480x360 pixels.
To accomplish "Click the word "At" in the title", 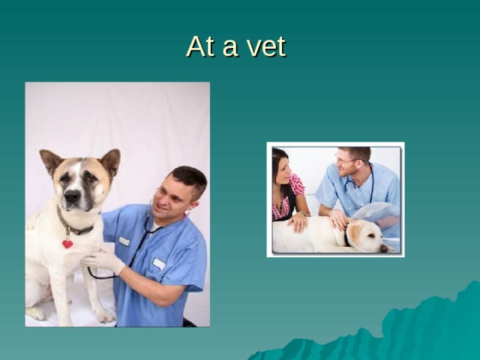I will point(200,47).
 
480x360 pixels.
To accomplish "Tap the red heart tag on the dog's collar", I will point(67,243).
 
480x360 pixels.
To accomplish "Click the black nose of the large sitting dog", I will point(72,196).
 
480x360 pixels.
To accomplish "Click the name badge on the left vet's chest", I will point(158,263).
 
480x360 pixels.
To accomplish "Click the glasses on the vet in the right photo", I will point(346,160).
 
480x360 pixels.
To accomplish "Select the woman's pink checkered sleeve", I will point(297,184).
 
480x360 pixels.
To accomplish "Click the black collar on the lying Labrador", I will point(347,238).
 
